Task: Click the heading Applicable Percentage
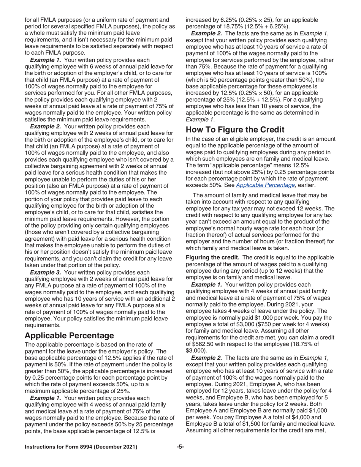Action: click(69, 336)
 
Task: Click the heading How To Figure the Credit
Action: click(235, 130)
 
